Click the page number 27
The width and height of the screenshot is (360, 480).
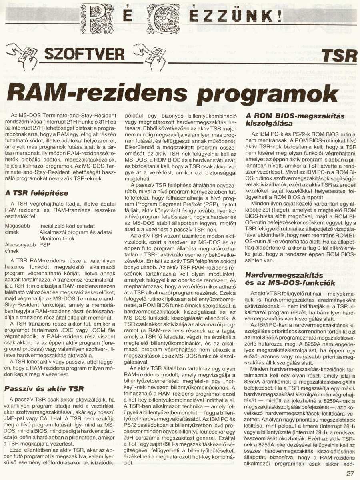click(x=350, y=474)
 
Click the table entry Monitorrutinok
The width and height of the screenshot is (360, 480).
click(x=57, y=238)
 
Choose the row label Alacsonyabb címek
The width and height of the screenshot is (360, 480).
click(x=20, y=247)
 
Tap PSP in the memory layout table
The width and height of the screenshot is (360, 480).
click(x=45, y=244)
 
